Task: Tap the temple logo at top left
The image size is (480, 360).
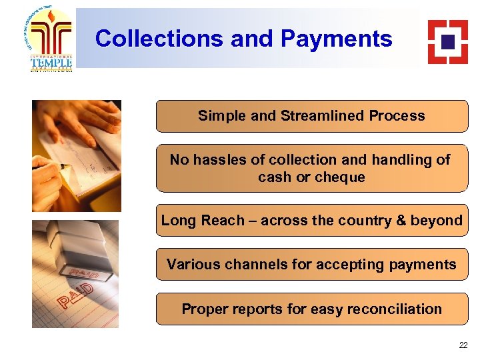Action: (51, 39)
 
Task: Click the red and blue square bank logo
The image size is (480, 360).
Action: (447, 41)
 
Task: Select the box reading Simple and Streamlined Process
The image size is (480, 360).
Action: (312, 116)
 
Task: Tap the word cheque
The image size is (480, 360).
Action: (340, 177)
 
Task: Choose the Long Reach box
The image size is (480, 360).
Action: (312, 221)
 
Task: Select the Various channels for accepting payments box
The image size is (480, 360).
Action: (312, 265)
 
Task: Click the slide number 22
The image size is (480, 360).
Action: (463, 345)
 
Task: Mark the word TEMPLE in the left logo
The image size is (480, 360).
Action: (51, 62)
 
